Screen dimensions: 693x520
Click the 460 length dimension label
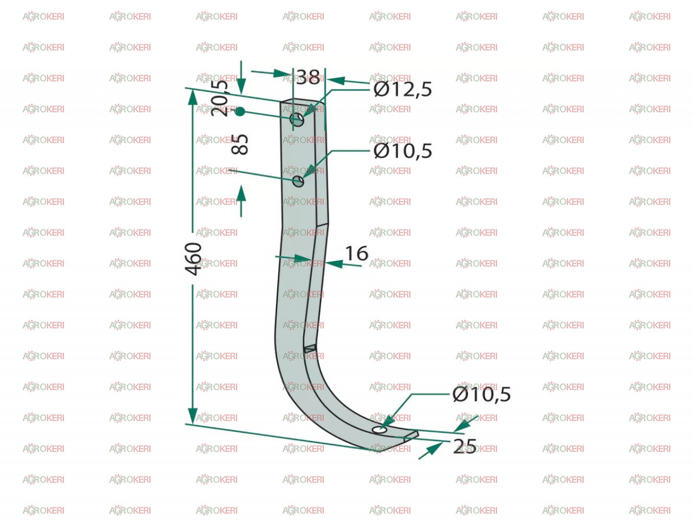pos(193,258)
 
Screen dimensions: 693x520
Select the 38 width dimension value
pos(308,77)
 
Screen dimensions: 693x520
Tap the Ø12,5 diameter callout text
pos(402,89)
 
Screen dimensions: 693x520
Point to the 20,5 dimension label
pos(219,98)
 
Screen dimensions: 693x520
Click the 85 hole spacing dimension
pos(239,145)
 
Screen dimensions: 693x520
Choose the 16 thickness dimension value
pos(356,253)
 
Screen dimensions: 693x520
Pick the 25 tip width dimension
pos(465,446)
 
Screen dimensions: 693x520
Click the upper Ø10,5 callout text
pos(402,151)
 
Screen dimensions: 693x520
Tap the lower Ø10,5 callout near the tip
pos(481,394)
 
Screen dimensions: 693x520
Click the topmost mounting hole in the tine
pos(297,119)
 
